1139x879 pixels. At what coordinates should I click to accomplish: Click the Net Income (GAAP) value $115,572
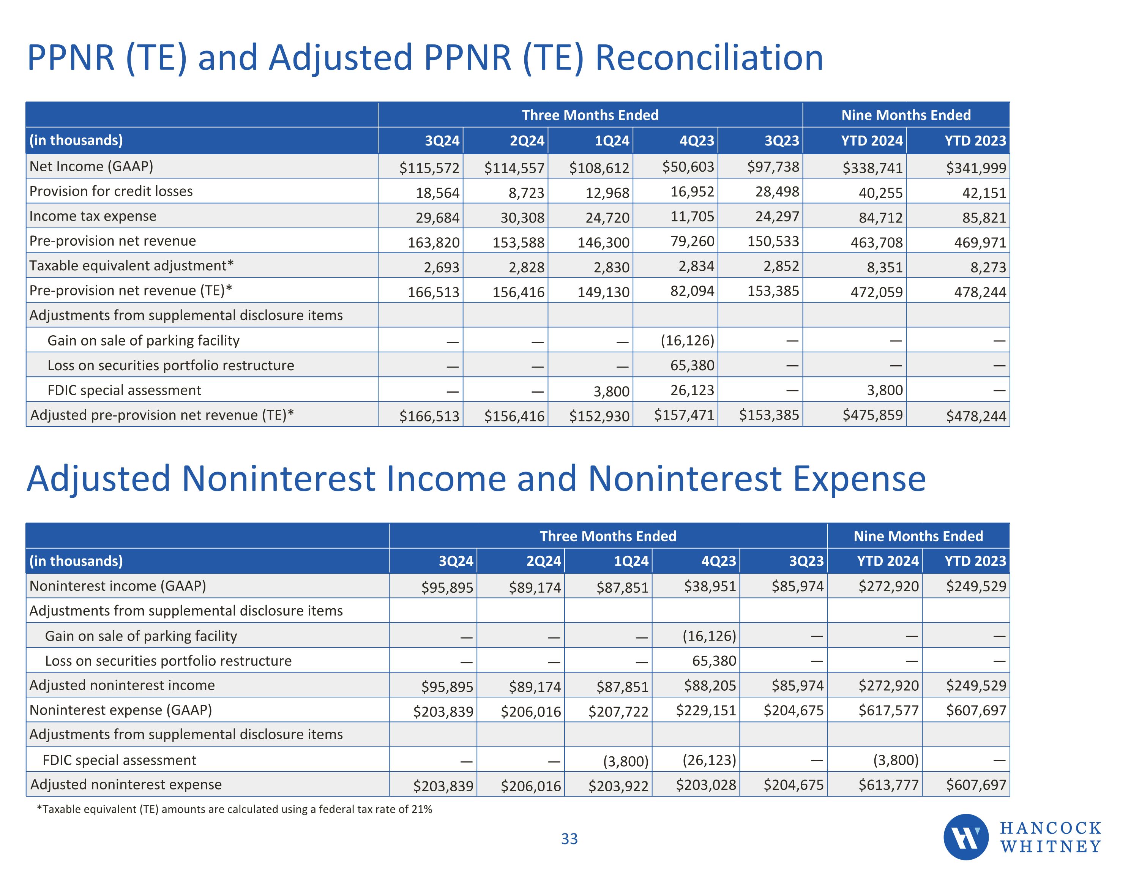pyautogui.click(x=429, y=168)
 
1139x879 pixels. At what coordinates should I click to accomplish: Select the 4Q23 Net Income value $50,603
pyautogui.click(x=688, y=167)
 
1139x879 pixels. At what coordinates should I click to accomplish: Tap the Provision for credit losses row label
pyautogui.click(x=111, y=191)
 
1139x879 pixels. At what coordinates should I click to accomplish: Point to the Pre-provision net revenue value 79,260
pyautogui.click(x=692, y=241)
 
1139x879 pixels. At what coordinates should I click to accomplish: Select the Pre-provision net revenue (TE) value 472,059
pyautogui.click(x=876, y=292)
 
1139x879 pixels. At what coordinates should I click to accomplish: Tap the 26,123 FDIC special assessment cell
pyautogui.click(x=692, y=390)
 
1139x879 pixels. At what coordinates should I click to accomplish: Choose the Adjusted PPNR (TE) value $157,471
pyautogui.click(x=684, y=415)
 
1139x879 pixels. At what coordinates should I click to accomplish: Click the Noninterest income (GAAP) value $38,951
pyautogui.click(x=710, y=586)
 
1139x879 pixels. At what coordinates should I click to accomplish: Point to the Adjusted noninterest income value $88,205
pyautogui.click(x=710, y=685)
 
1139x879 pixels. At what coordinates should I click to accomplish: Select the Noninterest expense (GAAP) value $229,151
pyautogui.click(x=706, y=710)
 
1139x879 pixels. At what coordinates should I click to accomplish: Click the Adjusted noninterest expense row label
pyautogui.click(x=126, y=784)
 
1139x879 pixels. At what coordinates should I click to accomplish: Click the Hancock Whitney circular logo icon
pyautogui.click(x=965, y=837)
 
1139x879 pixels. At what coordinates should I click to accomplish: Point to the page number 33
pyautogui.click(x=569, y=839)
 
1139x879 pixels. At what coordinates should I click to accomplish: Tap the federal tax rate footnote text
pyautogui.click(x=234, y=809)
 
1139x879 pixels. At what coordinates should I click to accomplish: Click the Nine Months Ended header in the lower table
pyautogui.click(x=918, y=536)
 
